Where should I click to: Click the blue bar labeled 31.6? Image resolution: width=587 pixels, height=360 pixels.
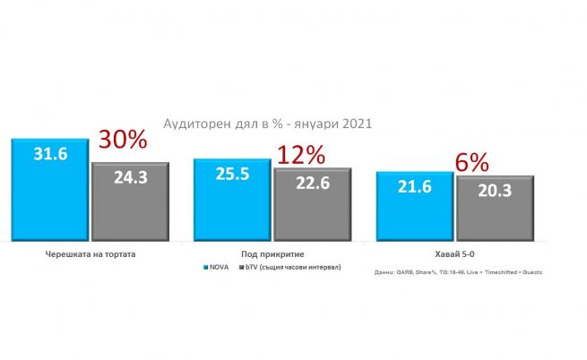pos(49,190)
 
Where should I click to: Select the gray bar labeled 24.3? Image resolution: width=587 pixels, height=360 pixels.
pos(131,201)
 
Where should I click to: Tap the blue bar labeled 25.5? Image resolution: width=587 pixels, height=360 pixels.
pos(232,199)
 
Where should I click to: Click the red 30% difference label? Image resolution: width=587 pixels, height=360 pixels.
pos(121,141)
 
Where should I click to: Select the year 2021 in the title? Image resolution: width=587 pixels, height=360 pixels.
pos(351,124)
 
